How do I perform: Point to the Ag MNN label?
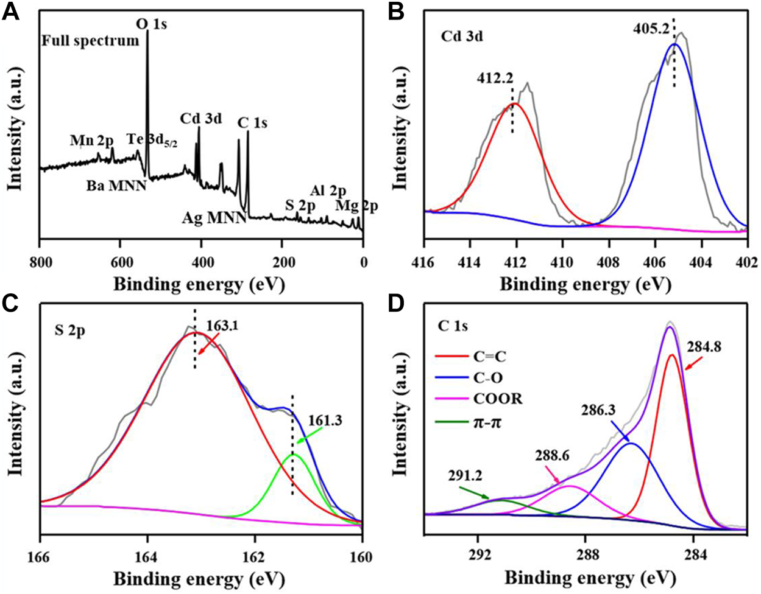click(x=214, y=217)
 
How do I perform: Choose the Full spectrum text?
click(x=91, y=41)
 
